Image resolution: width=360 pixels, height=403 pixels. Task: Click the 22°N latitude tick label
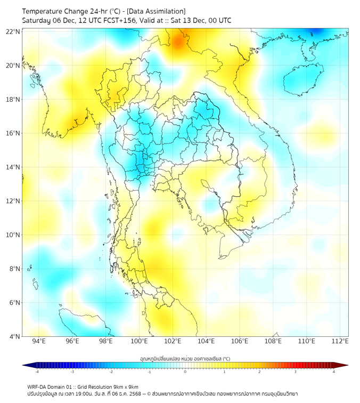(x=13, y=31)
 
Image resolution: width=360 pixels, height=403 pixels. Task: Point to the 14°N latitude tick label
(x=13, y=167)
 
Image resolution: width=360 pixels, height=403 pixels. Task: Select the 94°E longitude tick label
(x=39, y=341)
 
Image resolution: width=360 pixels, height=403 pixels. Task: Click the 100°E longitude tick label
(x=140, y=341)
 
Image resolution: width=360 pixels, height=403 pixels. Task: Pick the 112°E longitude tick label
(x=340, y=341)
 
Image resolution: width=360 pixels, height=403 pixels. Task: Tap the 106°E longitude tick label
(x=240, y=341)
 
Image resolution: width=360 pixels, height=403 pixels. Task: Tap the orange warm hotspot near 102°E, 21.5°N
(x=178, y=41)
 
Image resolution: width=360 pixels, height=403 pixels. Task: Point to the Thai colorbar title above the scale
(x=185, y=359)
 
